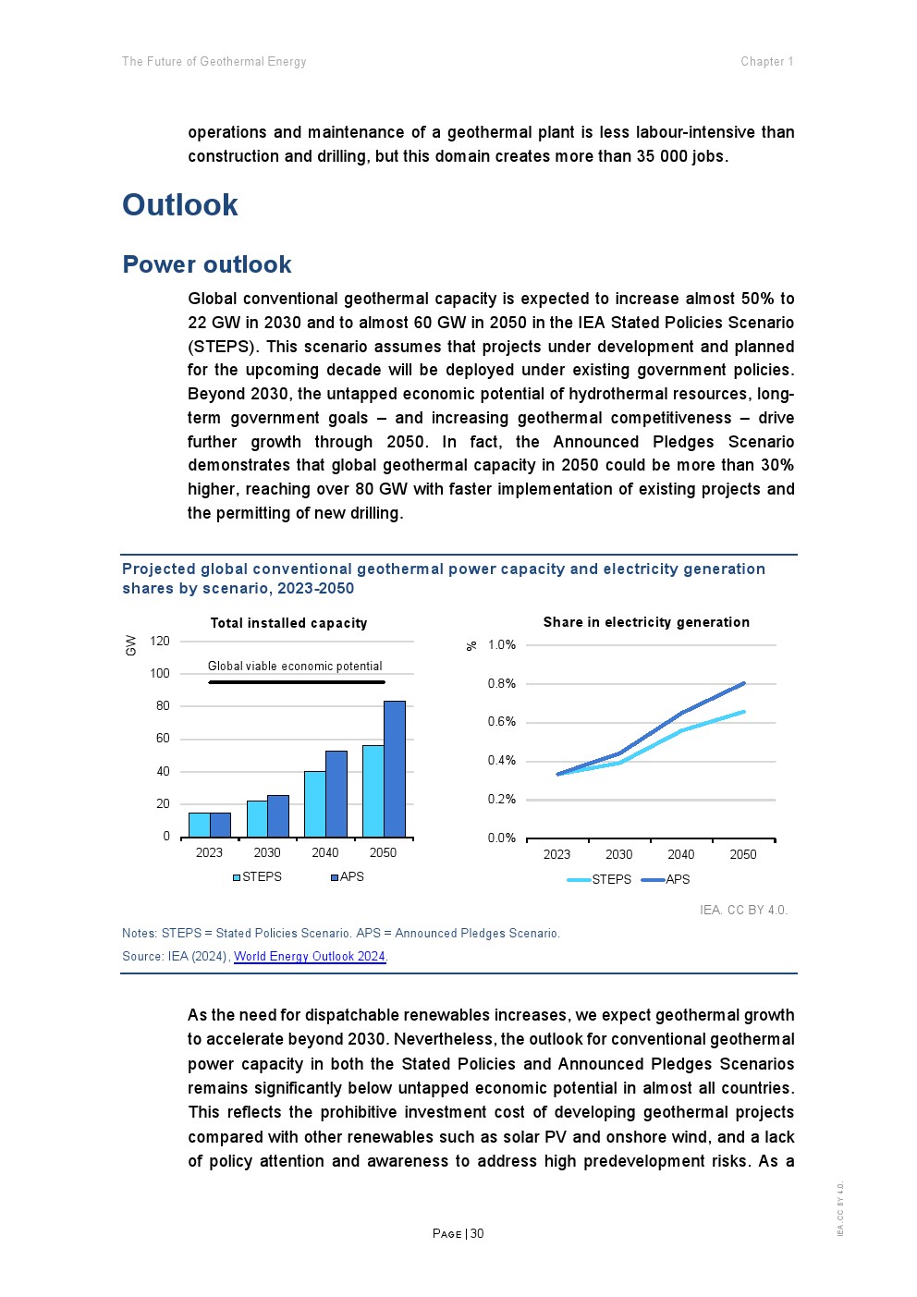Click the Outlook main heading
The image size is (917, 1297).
tap(180, 205)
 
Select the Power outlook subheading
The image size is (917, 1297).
tap(207, 265)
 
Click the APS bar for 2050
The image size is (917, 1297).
tap(395, 769)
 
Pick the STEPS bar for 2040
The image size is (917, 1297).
tap(315, 804)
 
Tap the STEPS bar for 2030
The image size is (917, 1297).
tap(257, 819)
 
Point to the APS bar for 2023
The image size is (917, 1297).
tap(221, 825)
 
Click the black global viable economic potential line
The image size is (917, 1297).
tap(296, 682)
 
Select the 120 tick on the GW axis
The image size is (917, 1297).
tap(160, 641)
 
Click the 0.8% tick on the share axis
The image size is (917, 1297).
tap(502, 684)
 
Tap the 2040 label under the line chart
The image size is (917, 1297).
tap(681, 854)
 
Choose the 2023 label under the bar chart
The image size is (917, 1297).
tap(210, 852)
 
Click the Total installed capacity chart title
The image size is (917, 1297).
tap(289, 623)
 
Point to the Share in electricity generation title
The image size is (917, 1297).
tap(646, 622)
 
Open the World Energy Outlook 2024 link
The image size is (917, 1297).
tap(310, 956)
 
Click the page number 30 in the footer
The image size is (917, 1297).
tap(477, 1233)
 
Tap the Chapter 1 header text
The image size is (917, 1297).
tap(766, 62)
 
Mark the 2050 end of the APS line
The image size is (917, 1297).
tap(744, 683)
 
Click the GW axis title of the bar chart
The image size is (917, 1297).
tap(131, 645)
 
